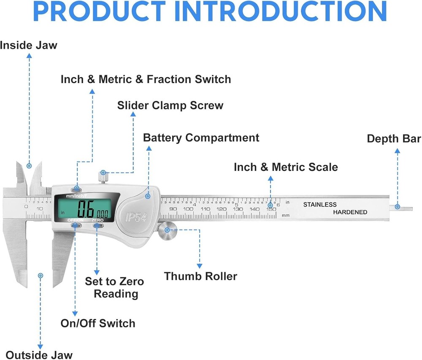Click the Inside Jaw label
point(28,45)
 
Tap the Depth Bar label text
point(393,139)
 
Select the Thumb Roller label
point(200,276)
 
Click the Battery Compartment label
point(201,138)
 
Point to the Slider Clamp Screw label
point(170,105)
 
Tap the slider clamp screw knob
point(103,176)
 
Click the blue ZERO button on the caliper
point(98,226)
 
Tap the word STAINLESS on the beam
point(320,205)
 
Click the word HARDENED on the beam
point(350,212)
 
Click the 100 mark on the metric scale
point(188,209)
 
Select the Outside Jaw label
point(39,355)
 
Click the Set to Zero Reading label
point(115,287)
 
